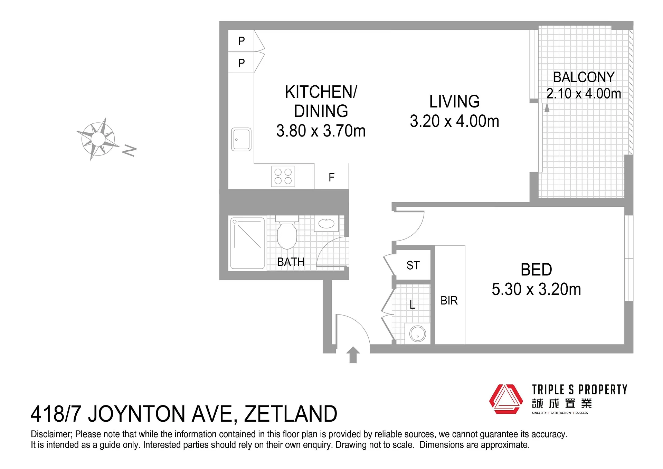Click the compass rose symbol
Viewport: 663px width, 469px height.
(x=98, y=139)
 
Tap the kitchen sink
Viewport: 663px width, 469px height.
(x=241, y=139)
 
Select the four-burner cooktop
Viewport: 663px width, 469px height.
(x=283, y=176)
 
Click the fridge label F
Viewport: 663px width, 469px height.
(x=331, y=177)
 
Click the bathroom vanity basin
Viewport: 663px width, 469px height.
(x=326, y=223)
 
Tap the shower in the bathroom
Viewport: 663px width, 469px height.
(x=247, y=243)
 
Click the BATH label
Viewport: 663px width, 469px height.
(x=291, y=262)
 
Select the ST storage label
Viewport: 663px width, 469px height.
(x=413, y=265)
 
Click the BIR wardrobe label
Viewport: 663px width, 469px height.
(x=449, y=301)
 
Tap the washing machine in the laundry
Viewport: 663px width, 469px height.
(x=417, y=334)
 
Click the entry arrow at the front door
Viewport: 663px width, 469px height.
(x=353, y=355)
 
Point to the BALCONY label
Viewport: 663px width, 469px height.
(x=584, y=77)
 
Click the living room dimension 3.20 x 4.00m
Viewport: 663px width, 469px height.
(x=454, y=121)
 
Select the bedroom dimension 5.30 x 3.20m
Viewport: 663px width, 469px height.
(x=536, y=289)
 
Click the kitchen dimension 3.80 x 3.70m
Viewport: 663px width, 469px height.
(x=321, y=131)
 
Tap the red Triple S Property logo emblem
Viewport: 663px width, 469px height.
(x=506, y=399)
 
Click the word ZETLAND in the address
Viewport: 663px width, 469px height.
(x=291, y=414)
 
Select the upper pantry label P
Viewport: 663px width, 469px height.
(x=241, y=41)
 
